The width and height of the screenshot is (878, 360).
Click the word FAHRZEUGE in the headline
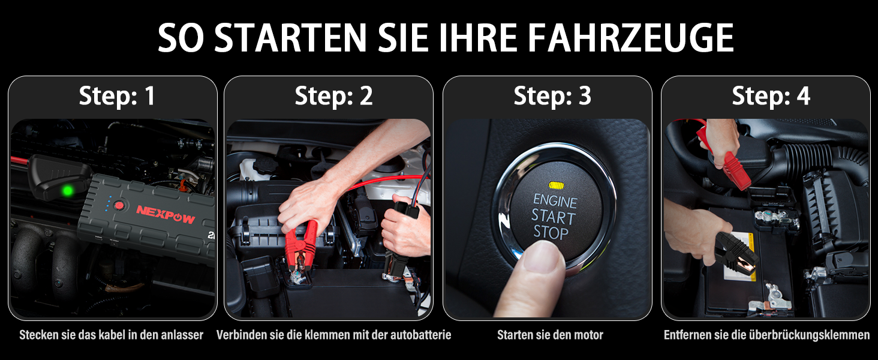coord(630,38)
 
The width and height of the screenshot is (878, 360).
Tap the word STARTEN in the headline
coord(290,38)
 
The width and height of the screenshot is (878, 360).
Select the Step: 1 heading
coord(117,96)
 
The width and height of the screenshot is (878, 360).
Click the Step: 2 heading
coord(333,96)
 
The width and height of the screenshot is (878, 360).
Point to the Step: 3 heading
coord(552,96)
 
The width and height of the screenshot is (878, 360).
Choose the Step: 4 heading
coord(771,96)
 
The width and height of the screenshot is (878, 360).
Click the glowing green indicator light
coord(68,191)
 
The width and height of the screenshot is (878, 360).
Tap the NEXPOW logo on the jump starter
coord(166,214)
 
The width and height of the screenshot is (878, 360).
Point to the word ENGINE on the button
coord(555,201)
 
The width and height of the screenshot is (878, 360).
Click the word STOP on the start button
coord(551,233)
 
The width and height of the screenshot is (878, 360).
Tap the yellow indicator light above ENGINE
coord(556,185)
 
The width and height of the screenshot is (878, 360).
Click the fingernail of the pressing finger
coord(541,256)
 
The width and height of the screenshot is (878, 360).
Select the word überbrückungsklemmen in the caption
coord(809,335)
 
